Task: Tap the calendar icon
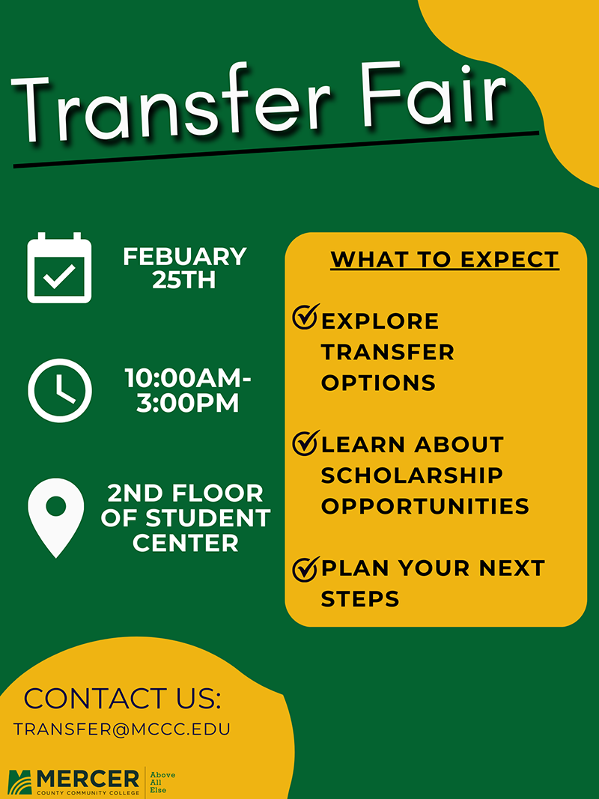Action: [x=59, y=268]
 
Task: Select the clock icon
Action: [x=60, y=390]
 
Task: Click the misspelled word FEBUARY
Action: [x=185, y=257]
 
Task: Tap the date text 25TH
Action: [x=184, y=281]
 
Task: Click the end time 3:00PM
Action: [x=188, y=404]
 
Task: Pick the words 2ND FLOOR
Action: [x=186, y=494]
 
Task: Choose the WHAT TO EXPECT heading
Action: [x=445, y=260]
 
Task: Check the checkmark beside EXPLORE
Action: [x=305, y=317]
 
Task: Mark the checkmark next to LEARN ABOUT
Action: [x=305, y=442]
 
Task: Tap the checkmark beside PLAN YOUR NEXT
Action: [x=305, y=568]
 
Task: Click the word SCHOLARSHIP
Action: [x=412, y=475]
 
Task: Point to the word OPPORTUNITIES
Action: [x=425, y=506]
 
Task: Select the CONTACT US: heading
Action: [x=123, y=699]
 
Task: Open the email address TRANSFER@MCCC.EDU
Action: [x=121, y=729]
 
